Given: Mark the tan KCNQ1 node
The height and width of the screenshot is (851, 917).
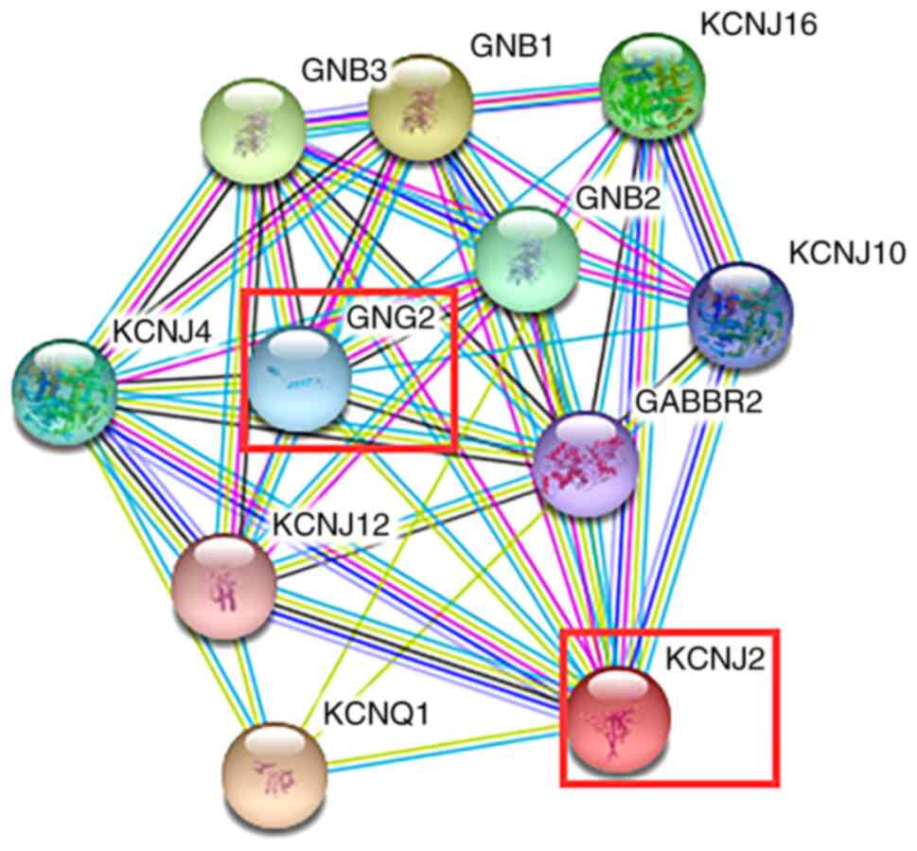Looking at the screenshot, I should (x=273, y=771).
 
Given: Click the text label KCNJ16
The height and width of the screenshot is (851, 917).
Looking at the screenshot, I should (x=757, y=25).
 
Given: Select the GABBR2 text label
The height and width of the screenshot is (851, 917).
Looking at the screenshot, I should (x=698, y=401).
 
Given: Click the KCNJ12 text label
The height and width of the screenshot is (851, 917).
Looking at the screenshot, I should (x=330, y=525).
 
